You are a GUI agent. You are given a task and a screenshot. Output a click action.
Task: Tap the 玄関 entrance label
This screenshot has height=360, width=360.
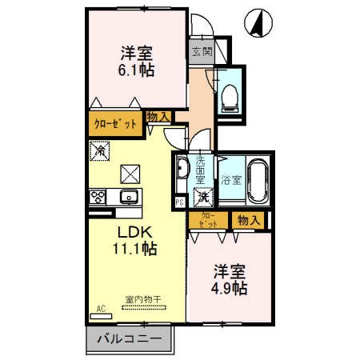(201, 54)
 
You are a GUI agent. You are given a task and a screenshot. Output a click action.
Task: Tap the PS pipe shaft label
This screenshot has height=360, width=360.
(179, 202)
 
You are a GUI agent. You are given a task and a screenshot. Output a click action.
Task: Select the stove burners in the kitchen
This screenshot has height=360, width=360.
(99, 197)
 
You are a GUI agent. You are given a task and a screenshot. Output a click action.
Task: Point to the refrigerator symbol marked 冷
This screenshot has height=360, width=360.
(100, 150)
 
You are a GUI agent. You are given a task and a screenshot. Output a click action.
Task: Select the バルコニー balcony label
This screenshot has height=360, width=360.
(129, 339)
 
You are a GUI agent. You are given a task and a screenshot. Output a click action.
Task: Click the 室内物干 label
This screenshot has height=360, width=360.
(143, 301)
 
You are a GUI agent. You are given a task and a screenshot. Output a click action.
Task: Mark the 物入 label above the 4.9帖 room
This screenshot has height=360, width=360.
(247, 219)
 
